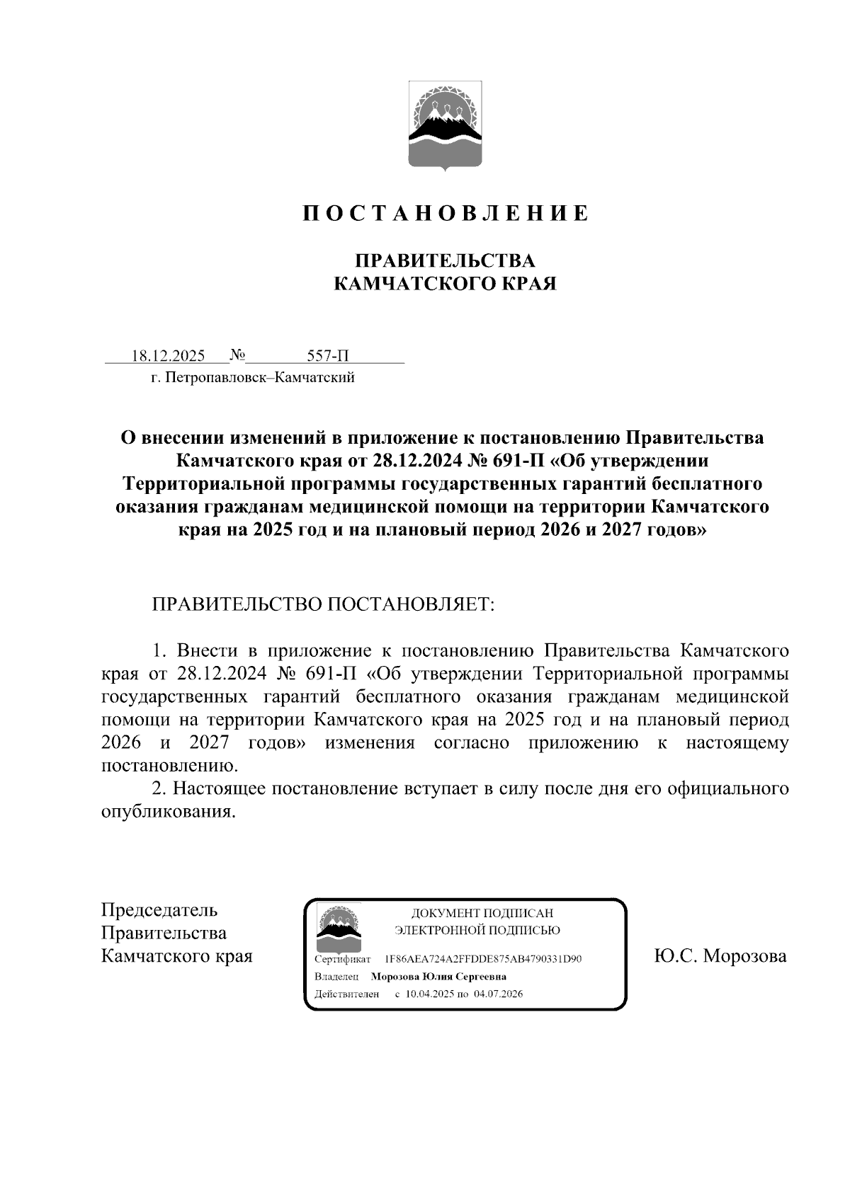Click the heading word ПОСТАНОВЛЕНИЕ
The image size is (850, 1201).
(x=446, y=213)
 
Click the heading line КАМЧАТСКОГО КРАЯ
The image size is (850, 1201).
(x=445, y=284)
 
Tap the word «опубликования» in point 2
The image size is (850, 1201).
(x=168, y=812)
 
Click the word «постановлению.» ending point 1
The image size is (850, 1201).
(x=171, y=766)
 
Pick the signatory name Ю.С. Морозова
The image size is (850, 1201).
(x=720, y=957)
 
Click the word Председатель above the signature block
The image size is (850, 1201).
(x=159, y=910)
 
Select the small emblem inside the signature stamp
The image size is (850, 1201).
(x=337, y=929)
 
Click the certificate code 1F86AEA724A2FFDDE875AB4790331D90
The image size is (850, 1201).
(x=483, y=960)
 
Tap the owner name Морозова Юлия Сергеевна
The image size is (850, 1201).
(x=438, y=977)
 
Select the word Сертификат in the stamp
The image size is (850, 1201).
(x=342, y=960)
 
